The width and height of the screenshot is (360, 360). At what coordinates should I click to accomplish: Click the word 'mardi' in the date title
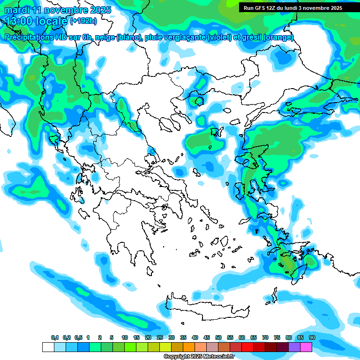[15, 10]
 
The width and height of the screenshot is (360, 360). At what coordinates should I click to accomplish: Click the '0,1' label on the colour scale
[55, 338]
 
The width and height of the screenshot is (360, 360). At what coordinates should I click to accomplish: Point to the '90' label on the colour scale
[312, 338]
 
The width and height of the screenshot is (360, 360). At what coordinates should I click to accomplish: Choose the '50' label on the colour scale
[218, 338]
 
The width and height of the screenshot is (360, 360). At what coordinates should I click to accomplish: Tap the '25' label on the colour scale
[159, 338]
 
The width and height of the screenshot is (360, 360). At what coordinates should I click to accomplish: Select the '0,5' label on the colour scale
[78, 338]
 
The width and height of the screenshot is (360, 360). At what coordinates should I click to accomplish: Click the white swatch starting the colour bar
[48, 347]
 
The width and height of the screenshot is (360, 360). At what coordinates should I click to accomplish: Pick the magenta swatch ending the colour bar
[306, 347]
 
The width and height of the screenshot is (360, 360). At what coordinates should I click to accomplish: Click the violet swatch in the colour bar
[294, 347]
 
